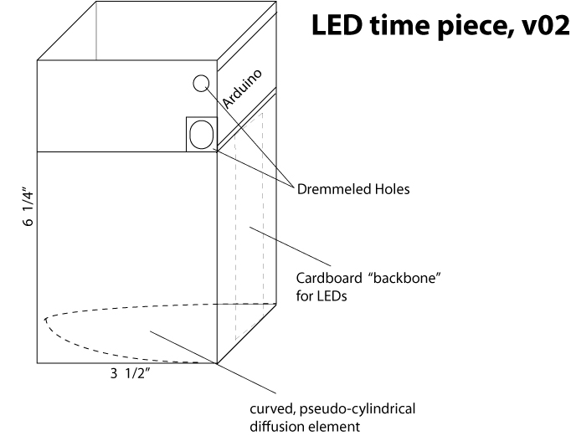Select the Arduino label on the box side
[x=243, y=89]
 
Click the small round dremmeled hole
[x=201, y=83]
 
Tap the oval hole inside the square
[x=202, y=134]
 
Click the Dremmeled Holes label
[x=353, y=190]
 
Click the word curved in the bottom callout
[x=269, y=410]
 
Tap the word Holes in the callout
[x=390, y=190]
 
